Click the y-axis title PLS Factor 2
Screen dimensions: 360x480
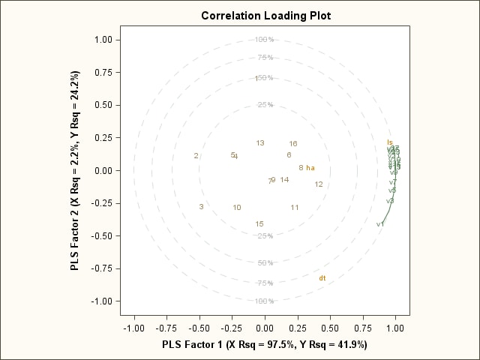[75, 171]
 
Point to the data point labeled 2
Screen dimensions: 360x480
[196, 156]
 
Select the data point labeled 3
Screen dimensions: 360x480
[201, 207]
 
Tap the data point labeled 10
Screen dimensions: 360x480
[236, 208]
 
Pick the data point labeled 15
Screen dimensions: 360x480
[259, 224]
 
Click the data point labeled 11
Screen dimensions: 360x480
[295, 208]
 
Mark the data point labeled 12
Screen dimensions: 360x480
[319, 184]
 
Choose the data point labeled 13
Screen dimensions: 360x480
[260, 143]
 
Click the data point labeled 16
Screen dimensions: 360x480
[293, 144]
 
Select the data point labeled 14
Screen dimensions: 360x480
[284, 180]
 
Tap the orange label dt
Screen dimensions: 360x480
[322, 279]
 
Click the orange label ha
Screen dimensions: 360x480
[310, 168]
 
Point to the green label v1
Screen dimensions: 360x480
[380, 224]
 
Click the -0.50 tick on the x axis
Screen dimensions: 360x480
[199, 328]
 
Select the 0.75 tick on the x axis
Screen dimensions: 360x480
[363, 328]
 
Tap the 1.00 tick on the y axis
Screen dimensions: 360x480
[103, 40]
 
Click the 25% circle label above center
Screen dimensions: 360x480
[265, 105]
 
